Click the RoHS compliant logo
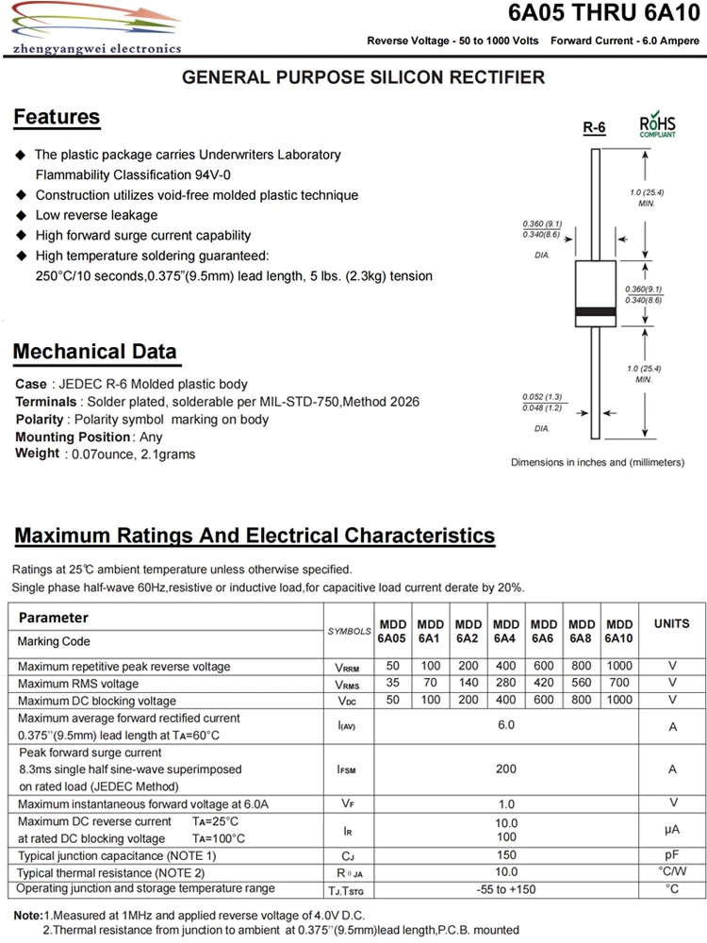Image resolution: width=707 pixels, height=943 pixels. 657,125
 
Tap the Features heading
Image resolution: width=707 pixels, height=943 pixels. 57,118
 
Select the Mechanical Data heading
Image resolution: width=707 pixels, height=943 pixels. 94,353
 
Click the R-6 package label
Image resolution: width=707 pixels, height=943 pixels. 594,128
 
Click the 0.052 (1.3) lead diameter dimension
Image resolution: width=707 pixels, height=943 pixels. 542,396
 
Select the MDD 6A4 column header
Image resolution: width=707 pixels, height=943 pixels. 506,631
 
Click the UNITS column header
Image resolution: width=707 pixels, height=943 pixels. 671,623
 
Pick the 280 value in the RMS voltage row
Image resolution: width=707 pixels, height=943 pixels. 506,683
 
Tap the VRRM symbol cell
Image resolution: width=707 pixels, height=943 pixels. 348,667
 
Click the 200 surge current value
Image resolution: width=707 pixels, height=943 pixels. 506,769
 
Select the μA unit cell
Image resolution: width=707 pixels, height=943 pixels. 672,829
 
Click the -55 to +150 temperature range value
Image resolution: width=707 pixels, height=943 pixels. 506,889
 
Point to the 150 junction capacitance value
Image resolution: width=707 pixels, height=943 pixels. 506,854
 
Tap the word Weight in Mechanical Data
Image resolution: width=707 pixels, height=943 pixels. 38,454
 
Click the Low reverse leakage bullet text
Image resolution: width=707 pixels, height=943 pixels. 96,215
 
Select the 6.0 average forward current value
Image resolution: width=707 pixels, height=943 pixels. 506,725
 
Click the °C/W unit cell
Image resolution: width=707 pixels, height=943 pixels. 672,871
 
